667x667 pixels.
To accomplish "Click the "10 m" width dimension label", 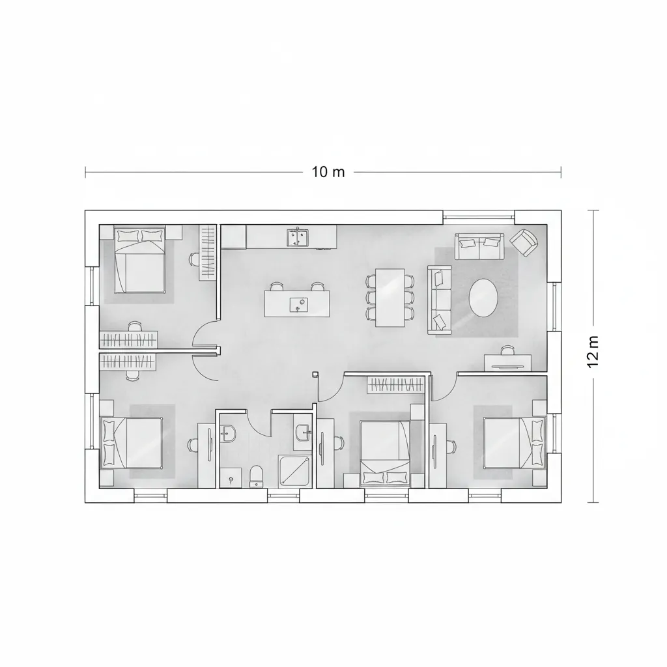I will tap(328, 172).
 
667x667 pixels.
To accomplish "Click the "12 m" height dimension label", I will tap(593, 352).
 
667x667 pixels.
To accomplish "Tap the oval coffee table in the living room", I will tap(483, 298).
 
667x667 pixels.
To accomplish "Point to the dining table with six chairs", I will tap(390, 297).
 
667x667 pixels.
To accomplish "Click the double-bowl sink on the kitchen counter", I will tap(299, 237).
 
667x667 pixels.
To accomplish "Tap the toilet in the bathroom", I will tap(256, 475).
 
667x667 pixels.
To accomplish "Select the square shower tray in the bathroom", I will tap(295, 470).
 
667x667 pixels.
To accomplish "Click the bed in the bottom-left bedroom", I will tap(132, 442).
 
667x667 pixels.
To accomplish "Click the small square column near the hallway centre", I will tap(315, 374).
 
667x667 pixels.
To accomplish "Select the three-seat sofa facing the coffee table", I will tap(440, 299).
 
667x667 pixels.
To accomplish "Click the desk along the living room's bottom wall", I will tap(507, 362).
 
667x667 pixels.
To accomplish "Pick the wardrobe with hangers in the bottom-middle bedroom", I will tap(394, 385).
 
